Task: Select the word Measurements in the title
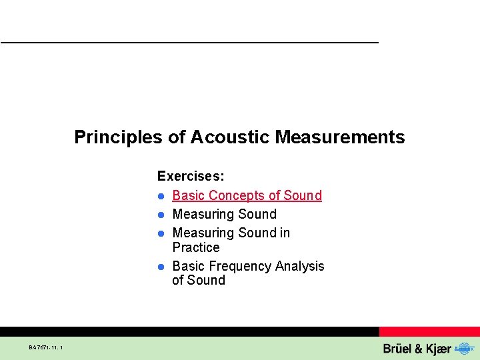coord(340,137)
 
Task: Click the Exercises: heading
coord(191,177)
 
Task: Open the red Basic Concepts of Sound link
coord(247,195)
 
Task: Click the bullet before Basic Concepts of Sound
coord(161,196)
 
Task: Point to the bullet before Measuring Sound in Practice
coord(161,233)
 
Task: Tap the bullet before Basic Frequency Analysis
coord(161,267)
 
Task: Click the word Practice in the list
coord(196,247)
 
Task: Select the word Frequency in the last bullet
coord(235,266)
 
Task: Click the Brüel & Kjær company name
coord(417,349)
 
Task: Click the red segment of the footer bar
coord(429,331)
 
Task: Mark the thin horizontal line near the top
coord(189,43)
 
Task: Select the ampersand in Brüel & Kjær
coord(418,349)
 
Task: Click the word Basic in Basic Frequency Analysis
coord(187,266)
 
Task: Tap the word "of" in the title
coord(177,137)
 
